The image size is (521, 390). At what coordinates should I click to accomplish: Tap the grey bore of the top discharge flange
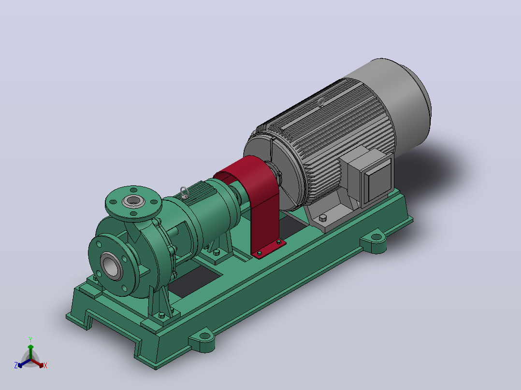[133, 201]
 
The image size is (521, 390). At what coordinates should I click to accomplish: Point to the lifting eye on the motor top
[321, 102]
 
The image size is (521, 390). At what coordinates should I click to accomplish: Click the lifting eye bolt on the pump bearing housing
[185, 193]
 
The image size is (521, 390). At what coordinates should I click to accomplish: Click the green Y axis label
[30, 339]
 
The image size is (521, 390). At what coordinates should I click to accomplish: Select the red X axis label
[45, 365]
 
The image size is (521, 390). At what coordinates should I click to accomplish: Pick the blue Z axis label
[16, 365]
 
